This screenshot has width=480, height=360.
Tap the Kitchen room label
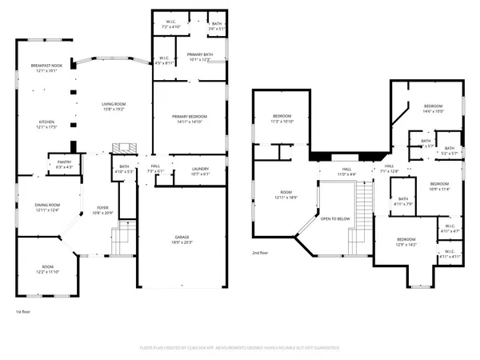(x=46, y=124)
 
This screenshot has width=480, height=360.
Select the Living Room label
(x=113, y=105)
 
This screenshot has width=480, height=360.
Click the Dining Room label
(x=46, y=207)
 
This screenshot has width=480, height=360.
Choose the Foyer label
(x=102, y=210)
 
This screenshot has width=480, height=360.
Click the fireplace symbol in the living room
(x=122, y=149)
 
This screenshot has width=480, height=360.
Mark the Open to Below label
(x=335, y=218)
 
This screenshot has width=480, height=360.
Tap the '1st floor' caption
(x=22, y=311)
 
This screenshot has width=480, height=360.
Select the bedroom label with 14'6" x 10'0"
(x=433, y=109)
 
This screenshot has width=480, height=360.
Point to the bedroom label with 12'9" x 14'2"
(x=406, y=242)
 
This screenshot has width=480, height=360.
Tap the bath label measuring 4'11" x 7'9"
(x=403, y=202)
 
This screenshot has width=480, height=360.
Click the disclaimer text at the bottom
(x=240, y=347)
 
